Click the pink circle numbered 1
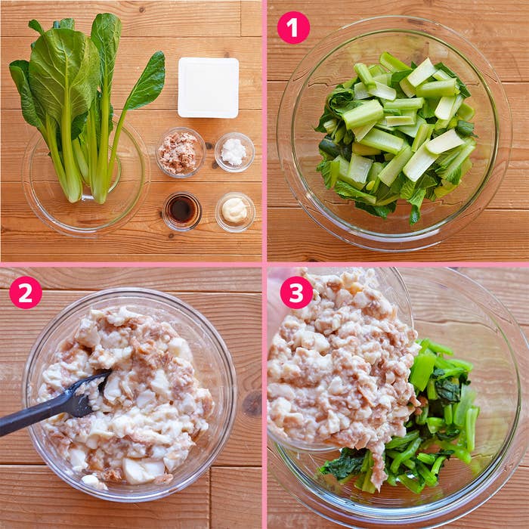[x=293, y=28]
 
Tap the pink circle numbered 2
[x=26, y=292]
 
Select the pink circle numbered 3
[x=296, y=292]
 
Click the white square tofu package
[x=209, y=88]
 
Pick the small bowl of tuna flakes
[x=181, y=152]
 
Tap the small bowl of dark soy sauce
[x=182, y=211]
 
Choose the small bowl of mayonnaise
[x=235, y=212]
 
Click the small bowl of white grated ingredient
[x=234, y=152]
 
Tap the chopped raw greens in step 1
[x=397, y=135]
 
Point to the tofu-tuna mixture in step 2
[x=125, y=394]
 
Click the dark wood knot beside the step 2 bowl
[x=252, y=403]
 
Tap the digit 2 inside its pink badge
[x=26, y=293]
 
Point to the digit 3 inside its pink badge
[x=296, y=293]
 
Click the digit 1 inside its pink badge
[x=293, y=28]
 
